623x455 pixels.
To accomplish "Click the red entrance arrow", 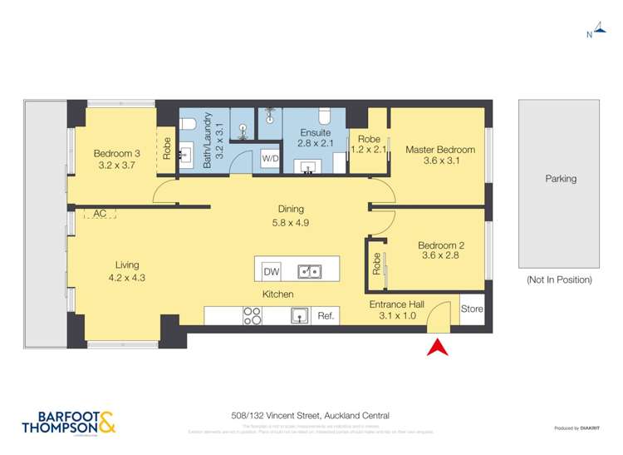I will point(438,347).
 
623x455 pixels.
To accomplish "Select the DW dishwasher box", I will point(271,272).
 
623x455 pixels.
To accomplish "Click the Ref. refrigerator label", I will point(326,316).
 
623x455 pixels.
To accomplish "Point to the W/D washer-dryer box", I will point(270,158).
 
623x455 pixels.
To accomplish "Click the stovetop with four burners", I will point(252,316).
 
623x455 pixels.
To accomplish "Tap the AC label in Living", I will point(100,214).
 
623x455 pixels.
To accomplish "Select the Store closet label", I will point(471,309).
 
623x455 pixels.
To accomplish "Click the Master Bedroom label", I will point(440,150).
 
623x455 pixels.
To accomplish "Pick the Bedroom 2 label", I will point(439,245).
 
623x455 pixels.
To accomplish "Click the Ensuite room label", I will point(316,132).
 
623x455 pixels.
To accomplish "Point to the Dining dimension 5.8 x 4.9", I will point(291,223).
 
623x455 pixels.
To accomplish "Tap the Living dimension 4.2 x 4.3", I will point(127,279).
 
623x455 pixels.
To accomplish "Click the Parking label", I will point(561,179).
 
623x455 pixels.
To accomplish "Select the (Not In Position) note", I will point(559,280).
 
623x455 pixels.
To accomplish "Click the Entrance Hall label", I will point(396,304).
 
